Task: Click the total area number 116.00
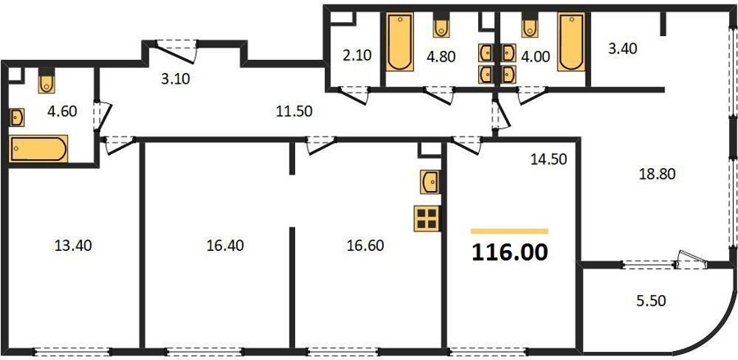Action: click(x=510, y=253)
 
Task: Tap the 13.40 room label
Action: click(x=73, y=245)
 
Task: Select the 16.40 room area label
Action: click(x=225, y=245)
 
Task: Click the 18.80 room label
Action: click(x=657, y=174)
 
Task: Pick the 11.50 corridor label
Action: click(x=294, y=112)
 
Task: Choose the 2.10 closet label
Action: click(x=358, y=56)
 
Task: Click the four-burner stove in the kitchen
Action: click(x=427, y=219)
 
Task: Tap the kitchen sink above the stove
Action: click(x=430, y=182)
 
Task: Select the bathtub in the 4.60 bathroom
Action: click(x=39, y=148)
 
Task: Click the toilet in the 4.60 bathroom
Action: click(x=47, y=81)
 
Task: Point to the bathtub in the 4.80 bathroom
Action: click(x=400, y=42)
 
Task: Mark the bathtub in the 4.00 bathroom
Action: click(x=572, y=42)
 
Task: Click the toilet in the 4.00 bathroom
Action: click(x=530, y=28)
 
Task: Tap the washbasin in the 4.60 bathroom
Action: click(x=17, y=117)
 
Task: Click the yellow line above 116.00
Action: click(x=510, y=231)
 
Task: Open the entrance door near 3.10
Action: click(x=176, y=52)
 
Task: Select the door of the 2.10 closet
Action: click(x=353, y=95)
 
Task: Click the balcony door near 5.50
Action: click(x=692, y=260)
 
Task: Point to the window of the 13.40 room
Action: click(x=72, y=351)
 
